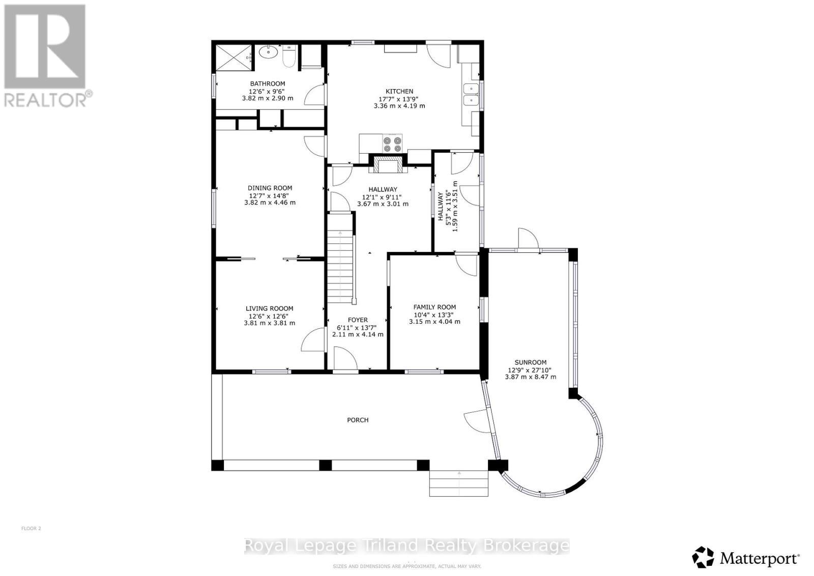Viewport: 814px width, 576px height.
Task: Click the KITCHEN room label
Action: coord(399,91)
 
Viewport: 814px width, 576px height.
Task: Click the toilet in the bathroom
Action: coord(287,57)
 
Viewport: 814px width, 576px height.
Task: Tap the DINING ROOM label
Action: coord(270,188)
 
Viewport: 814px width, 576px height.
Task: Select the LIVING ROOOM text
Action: coord(269,308)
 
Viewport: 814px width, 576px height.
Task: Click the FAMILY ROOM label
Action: coord(434,307)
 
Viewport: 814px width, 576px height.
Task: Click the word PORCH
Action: coord(358,420)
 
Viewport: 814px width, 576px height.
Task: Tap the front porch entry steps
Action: coord(459,483)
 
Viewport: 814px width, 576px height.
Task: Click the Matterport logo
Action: coord(746,558)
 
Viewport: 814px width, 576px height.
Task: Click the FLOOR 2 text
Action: coord(31,528)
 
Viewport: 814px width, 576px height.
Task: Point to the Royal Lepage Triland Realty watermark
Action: coord(406,546)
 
